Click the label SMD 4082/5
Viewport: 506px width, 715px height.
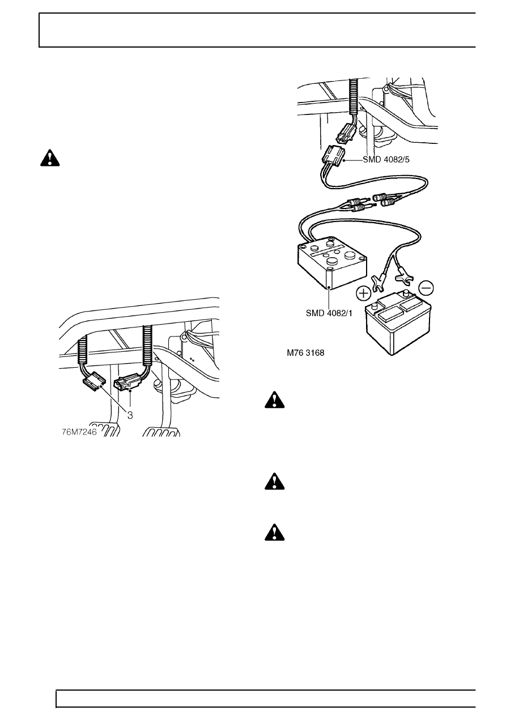pyautogui.click(x=386, y=160)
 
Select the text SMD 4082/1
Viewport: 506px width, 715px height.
pyautogui.click(x=329, y=313)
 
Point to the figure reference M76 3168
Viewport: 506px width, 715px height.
pyautogui.click(x=305, y=353)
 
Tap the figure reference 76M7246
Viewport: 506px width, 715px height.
pyautogui.click(x=79, y=432)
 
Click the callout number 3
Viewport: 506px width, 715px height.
pyautogui.click(x=130, y=415)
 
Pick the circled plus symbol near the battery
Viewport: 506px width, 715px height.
pyautogui.click(x=364, y=293)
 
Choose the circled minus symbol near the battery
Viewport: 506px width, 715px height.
pyautogui.click(x=426, y=288)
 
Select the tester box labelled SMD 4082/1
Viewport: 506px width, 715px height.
pyautogui.click(x=333, y=262)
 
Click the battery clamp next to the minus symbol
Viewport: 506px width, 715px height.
pyautogui.click(x=403, y=274)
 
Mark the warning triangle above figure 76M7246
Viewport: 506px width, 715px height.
pyautogui.click(x=50, y=158)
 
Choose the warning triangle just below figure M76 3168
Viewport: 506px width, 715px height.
pyautogui.click(x=275, y=400)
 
